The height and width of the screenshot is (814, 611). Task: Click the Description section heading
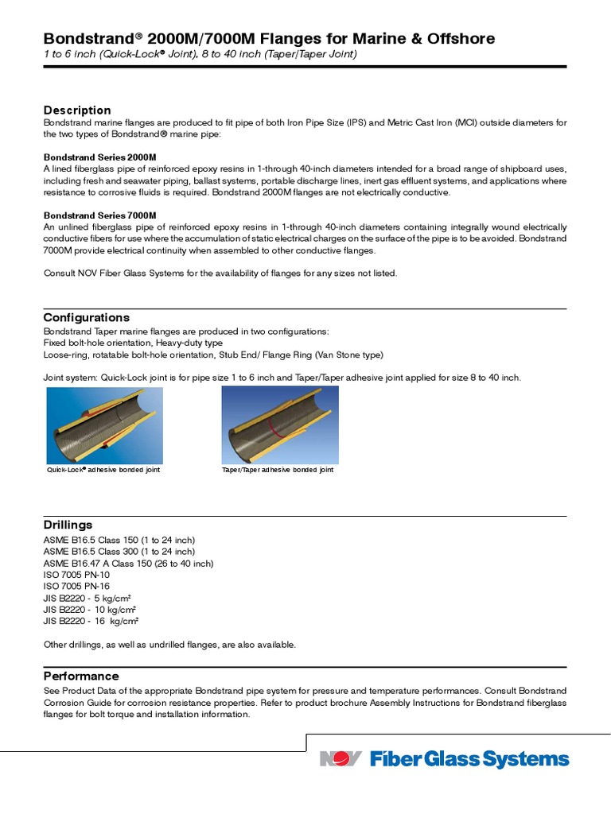coord(77,110)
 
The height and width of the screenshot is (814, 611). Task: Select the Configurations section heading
coord(86,317)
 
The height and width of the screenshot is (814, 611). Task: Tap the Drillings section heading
coord(68,525)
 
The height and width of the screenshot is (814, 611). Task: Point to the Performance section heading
coord(81,676)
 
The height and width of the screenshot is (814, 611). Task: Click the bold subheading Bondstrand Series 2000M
coord(99,157)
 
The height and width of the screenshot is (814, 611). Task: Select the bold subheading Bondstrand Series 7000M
coord(99,215)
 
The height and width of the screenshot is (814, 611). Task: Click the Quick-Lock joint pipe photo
coord(104,425)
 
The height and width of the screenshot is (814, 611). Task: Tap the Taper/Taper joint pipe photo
coord(279,425)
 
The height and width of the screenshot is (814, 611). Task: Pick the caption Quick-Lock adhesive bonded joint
coord(103,470)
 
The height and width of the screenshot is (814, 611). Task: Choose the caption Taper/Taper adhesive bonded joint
coord(277,470)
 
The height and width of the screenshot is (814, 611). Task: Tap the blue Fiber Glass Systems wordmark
coord(469,759)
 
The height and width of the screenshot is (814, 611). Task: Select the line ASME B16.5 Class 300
coord(119,552)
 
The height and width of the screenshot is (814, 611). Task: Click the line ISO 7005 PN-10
coord(76,575)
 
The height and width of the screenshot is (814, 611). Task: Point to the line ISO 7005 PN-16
coord(76,587)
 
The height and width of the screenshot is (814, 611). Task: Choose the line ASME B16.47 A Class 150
coord(128,564)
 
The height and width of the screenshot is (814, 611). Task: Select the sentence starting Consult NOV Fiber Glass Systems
coord(220,273)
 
